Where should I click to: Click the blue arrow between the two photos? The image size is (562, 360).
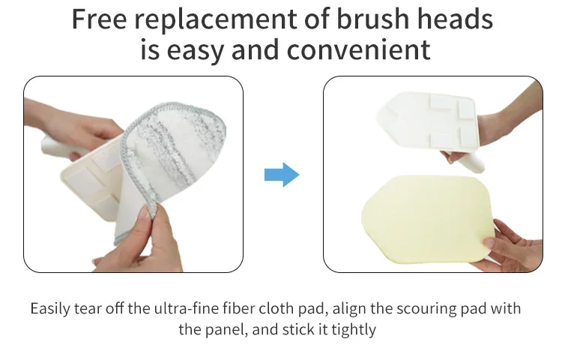pos(282,175)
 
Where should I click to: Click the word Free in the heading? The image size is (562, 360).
pos(99,19)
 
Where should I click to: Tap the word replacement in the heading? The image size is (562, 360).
pos(215,20)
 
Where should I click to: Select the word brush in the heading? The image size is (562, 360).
pos(372,19)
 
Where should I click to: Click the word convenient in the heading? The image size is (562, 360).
pos(358,49)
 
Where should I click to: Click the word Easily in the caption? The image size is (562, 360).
pos(50,309)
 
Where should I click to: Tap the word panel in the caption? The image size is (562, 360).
pos(226,330)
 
